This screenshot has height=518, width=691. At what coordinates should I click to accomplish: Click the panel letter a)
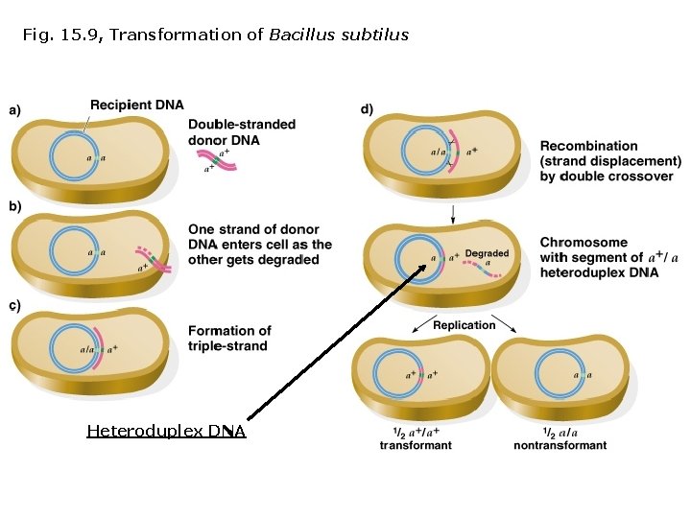[15, 110]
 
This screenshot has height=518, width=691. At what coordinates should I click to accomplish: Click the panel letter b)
[15, 206]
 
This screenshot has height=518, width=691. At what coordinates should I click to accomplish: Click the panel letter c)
[15, 306]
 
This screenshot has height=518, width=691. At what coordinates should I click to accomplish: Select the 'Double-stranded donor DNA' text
[241, 132]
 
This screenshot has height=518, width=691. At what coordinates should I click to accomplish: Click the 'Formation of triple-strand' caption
[229, 338]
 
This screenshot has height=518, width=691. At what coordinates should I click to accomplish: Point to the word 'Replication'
[465, 325]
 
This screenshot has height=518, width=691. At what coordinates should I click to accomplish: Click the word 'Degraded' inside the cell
[487, 253]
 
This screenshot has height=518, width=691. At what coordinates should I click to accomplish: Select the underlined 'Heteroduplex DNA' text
[166, 432]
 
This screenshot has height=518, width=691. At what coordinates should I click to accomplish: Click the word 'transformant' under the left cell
[416, 445]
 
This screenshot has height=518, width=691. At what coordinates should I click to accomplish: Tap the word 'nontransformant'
[560, 445]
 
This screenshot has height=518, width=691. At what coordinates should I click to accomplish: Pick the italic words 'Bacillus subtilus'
[339, 35]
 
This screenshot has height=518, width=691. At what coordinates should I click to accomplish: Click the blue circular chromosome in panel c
[75, 350]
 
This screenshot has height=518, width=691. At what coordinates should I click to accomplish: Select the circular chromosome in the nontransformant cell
[560, 374]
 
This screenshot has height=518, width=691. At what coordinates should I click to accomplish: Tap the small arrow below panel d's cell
[452, 209]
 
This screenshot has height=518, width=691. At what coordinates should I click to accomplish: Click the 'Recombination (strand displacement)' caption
[610, 153]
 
